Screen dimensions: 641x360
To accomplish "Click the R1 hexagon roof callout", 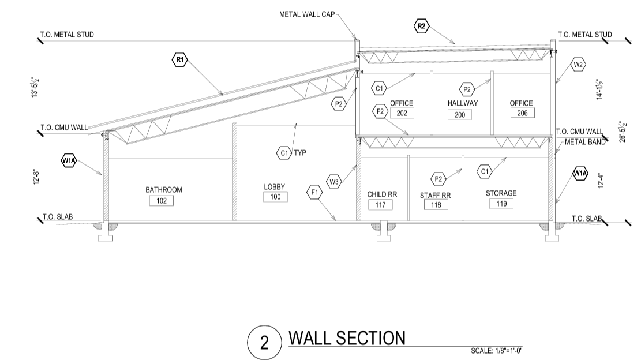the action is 180,59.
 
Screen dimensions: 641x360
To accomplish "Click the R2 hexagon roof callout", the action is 421,25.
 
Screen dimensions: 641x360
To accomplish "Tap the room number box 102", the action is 161,200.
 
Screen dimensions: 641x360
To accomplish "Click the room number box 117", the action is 380,205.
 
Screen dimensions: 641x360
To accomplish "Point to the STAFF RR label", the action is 435,196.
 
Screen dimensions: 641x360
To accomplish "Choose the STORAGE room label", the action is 501,193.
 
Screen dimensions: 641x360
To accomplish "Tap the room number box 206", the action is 522,113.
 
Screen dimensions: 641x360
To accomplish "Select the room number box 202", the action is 402,113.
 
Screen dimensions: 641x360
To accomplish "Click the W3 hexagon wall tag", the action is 334,182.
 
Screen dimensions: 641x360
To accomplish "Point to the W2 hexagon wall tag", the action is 579,65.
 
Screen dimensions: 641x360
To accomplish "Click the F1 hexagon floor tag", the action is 314,193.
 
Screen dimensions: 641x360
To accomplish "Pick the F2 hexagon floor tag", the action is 380,111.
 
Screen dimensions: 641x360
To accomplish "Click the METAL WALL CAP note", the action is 306,14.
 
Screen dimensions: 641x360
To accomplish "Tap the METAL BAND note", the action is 584,142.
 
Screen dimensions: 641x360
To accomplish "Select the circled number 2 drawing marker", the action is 264,343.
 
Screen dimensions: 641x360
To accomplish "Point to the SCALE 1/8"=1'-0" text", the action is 497,351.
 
